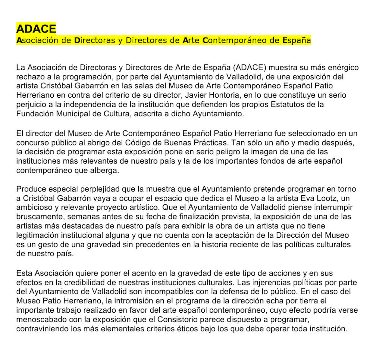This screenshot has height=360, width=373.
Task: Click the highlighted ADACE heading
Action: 36,29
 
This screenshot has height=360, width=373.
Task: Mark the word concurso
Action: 32,142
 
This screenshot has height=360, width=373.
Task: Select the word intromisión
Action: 132,301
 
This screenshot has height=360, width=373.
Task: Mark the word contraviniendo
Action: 41,329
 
